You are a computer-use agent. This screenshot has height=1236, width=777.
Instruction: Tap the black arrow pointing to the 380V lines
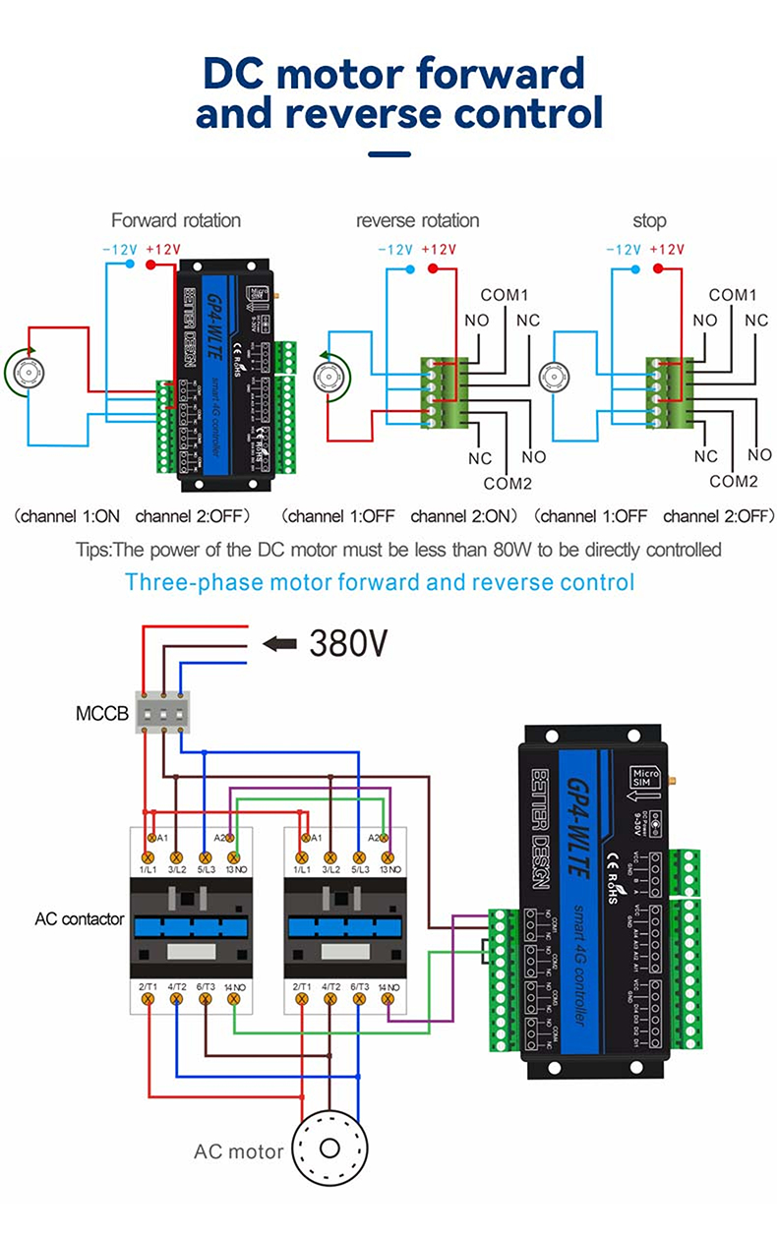click(x=280, y=643)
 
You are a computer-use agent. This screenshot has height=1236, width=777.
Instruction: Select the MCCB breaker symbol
click(x=162, y=710)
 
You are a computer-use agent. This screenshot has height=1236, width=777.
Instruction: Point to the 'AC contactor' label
click(x=80, y=919)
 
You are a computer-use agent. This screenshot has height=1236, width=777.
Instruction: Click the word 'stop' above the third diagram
click(x=649, y=220)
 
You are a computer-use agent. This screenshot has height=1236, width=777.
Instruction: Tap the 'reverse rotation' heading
click(x=417, y=220)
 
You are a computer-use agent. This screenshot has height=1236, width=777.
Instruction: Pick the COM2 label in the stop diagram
click(x=734, y=481)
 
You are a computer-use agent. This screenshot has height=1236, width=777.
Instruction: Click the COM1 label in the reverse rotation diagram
click(x=505, y=294)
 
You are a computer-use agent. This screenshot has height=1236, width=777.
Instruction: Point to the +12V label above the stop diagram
click(x=668, y=250)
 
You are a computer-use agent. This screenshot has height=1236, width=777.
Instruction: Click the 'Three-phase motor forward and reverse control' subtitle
click(x=380, y=581)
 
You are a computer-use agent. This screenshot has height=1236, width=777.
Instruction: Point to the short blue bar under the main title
click(x=388, y=154)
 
